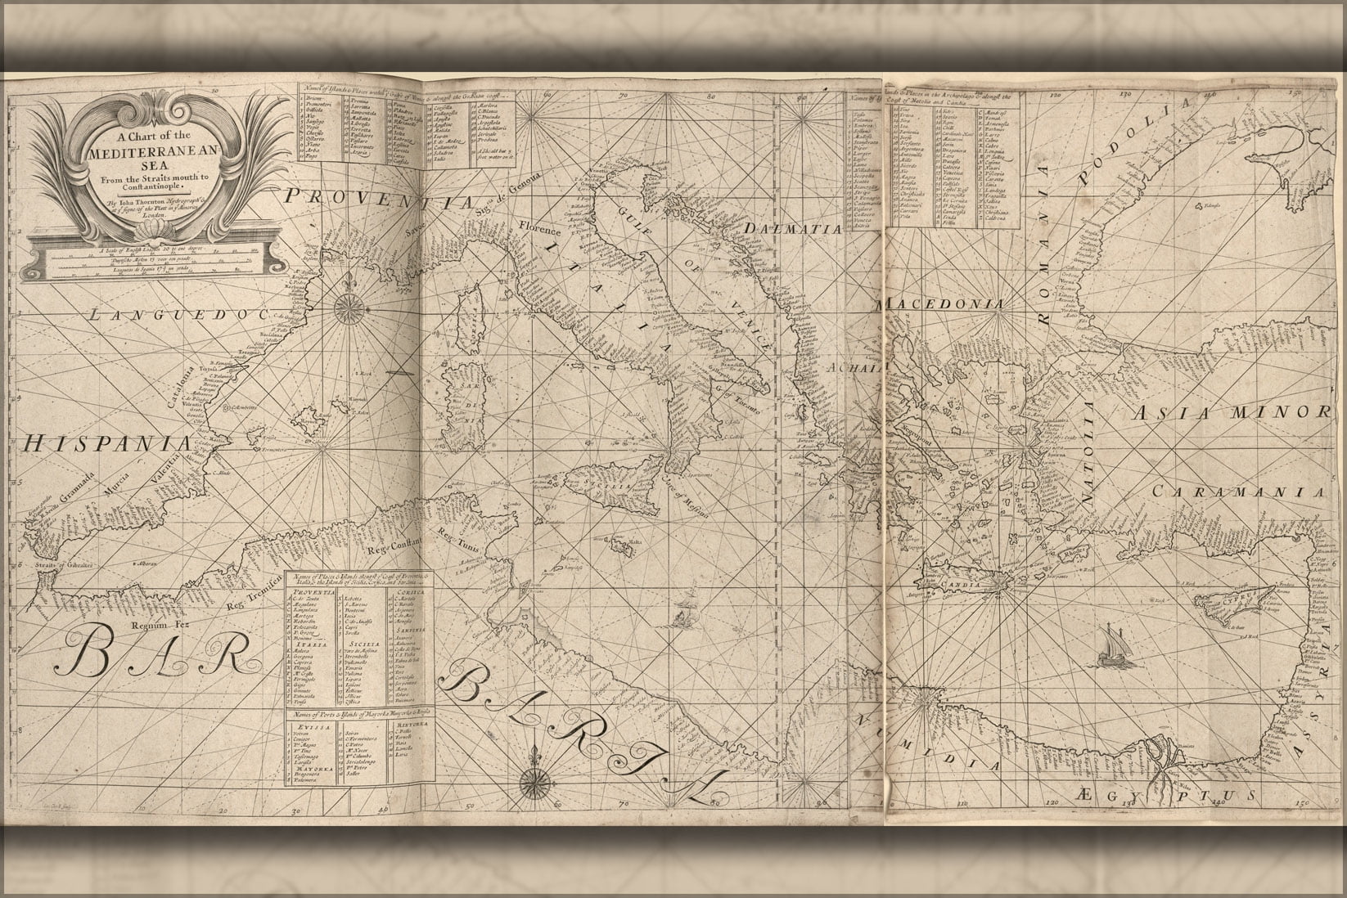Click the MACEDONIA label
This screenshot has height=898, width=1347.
pyautogui.click(x=941, y=303)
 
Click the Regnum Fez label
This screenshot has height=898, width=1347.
pyautogui.click(x=143, y=626)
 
